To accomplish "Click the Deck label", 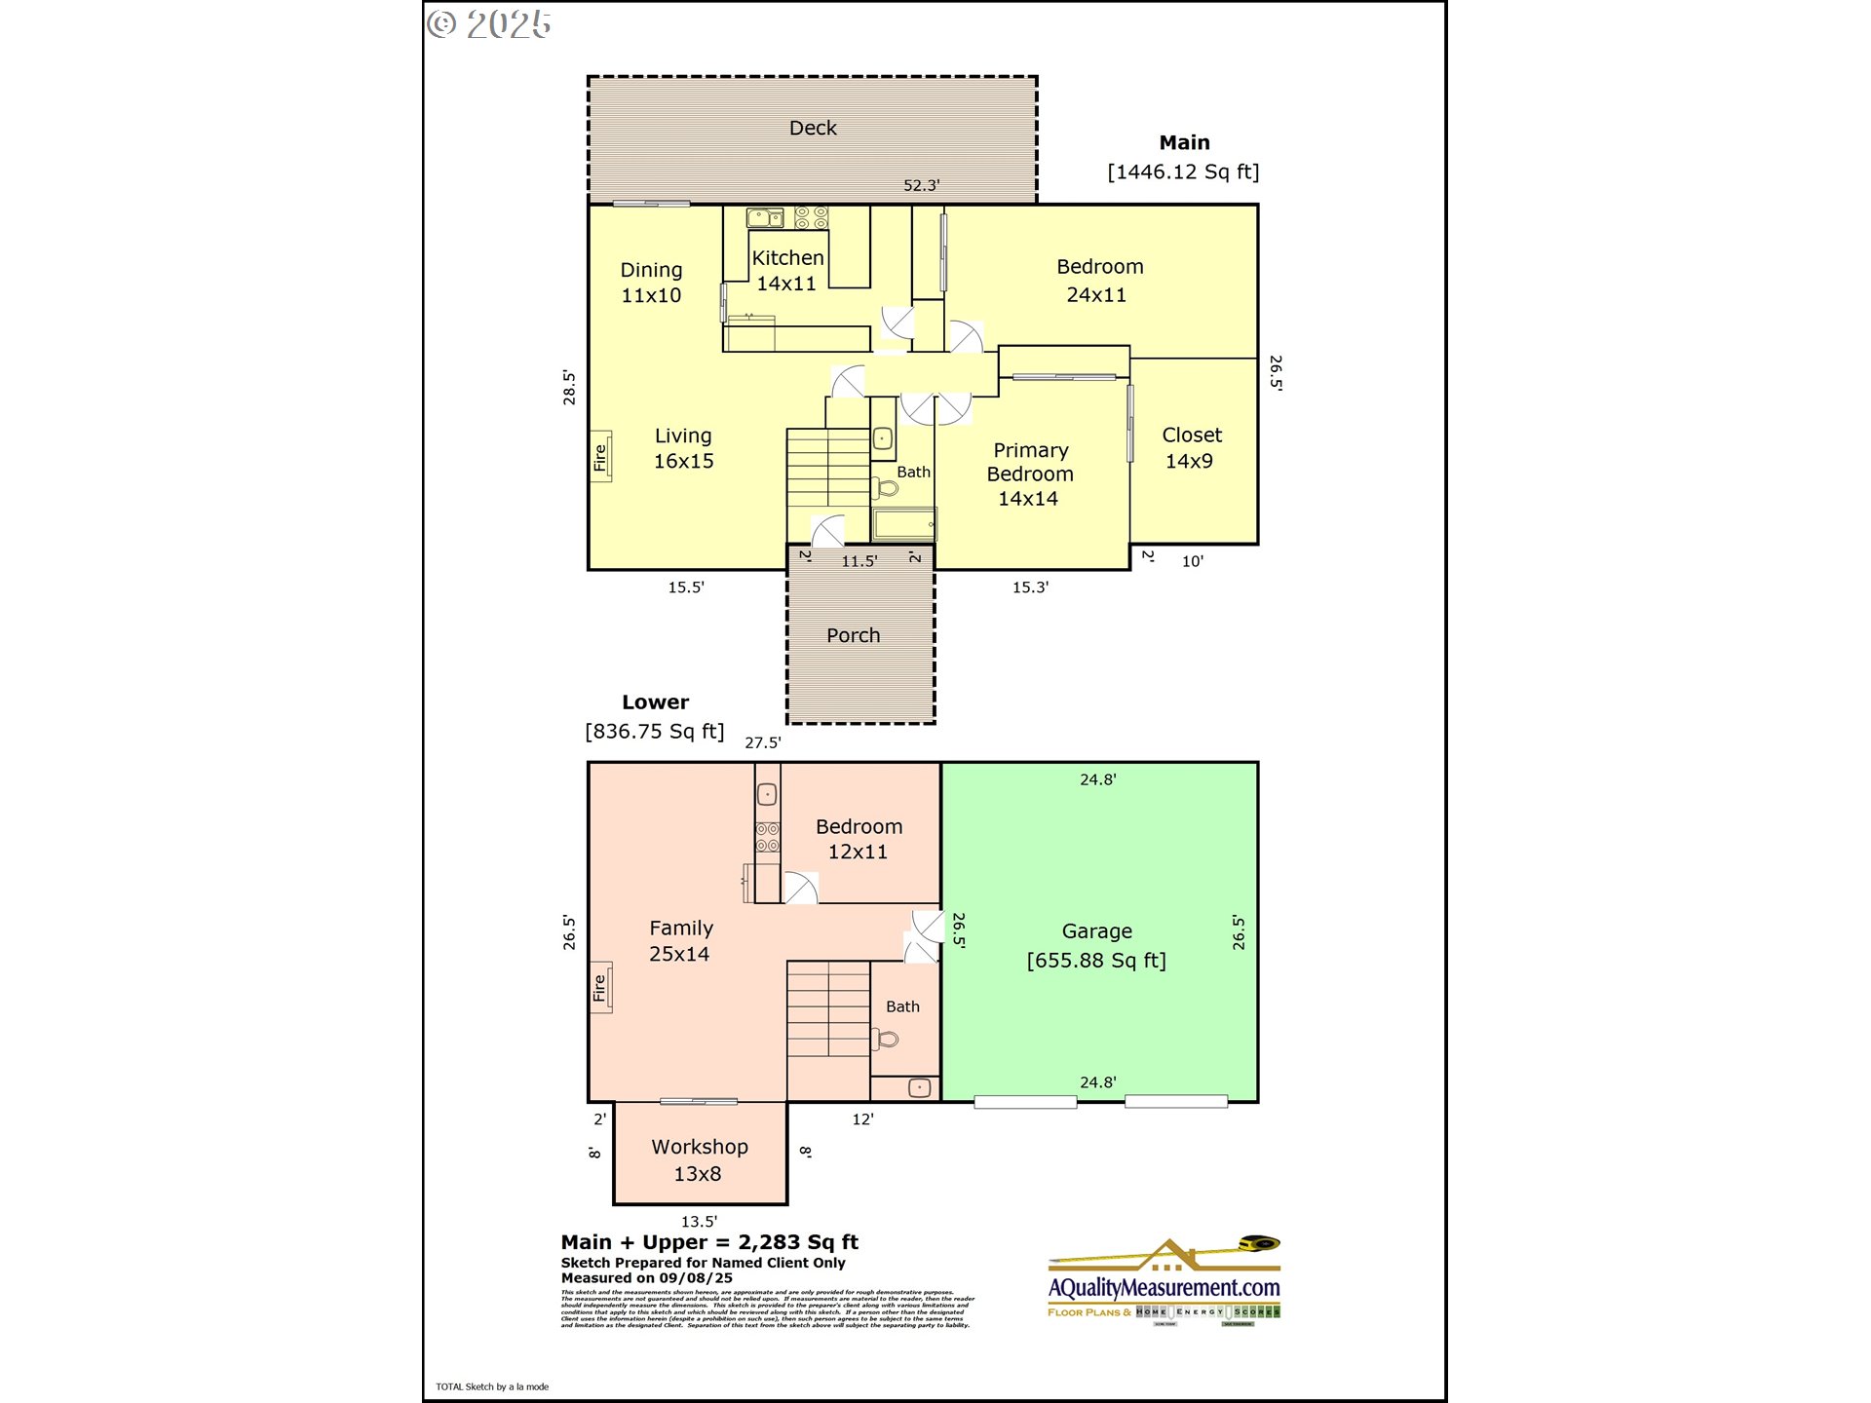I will click(x=813, y=128).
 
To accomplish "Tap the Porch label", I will click(x=853, y=635).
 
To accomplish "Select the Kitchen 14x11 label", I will click(x=787, y=271).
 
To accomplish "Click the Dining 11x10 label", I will click(x=651, y=283).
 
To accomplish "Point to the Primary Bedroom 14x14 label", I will click(x=1030, y=474).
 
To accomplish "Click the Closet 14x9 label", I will click(x=1191, y=448).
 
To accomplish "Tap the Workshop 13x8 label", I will click(x=700, y=1159).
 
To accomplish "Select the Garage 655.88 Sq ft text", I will click(x=1096, y=946).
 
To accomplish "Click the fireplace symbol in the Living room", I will click(x=601, y=456).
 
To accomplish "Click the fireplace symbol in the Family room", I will click(x=600, y=987).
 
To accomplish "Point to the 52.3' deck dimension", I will click(x=921, y=185).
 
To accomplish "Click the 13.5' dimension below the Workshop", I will click(x=699, y=1221).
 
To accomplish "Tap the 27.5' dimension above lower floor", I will click(x=762, y=742).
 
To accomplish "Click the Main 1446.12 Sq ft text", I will click(x=1183, y=158).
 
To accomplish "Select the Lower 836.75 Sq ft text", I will click(x=655, y=717).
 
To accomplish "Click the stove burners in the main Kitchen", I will click(x=811, y=217).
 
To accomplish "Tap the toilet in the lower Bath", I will click(x=887, y=1039).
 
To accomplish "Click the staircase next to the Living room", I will click(x=827, y=468).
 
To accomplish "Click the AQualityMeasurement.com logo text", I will click(x=1164, y=1287).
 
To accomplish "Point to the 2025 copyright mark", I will click(x=489, y=24).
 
